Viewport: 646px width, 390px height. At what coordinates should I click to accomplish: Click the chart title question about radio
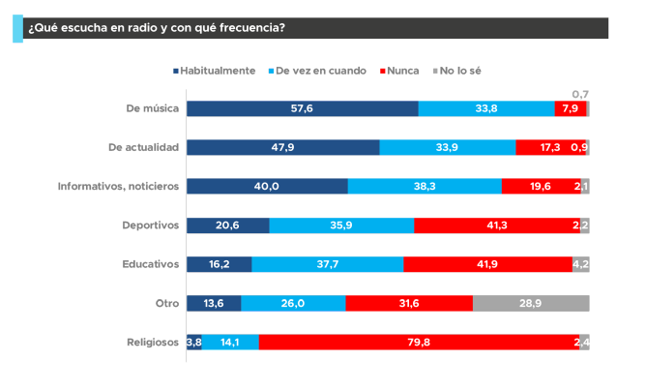(156, 27)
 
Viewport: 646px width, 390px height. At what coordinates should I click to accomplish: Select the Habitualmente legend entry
(214, 71)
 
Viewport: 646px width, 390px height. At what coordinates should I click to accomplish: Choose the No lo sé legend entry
(457, 71)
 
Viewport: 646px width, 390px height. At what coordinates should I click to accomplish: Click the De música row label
(153, 108)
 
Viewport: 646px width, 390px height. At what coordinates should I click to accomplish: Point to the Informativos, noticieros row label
(119, 186)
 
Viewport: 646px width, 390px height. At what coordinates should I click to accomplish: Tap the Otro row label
(168, 303)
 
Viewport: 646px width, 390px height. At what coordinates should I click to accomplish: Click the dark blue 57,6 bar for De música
(303, 108)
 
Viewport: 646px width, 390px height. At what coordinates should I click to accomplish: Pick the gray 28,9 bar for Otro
(531, 303)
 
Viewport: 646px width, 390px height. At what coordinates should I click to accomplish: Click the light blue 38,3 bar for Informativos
(425, 186)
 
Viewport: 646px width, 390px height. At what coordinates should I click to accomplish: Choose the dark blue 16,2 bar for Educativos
(220, 264)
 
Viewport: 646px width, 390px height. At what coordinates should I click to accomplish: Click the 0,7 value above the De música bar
(580, 94)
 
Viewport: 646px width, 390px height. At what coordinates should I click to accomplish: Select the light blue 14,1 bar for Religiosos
(230, 342)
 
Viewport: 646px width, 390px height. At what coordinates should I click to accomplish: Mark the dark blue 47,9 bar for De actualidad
(283, 147)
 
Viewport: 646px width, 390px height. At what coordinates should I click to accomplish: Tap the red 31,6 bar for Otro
(409, 303)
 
